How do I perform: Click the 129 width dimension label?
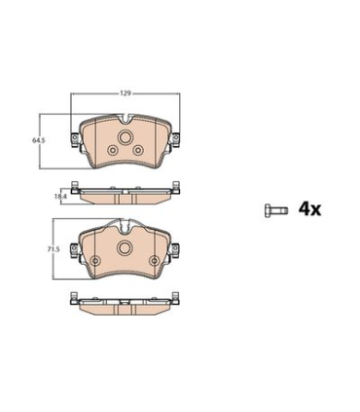[x=126, y=94]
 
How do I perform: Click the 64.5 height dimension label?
[x=38, y=140]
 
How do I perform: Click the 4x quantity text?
[x=309, y=209]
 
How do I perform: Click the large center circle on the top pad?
[x=125, y=137]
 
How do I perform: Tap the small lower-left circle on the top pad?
[x=113, y=150]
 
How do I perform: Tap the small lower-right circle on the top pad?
[x=138, y=150]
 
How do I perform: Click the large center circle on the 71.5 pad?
[x=125, y=248]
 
